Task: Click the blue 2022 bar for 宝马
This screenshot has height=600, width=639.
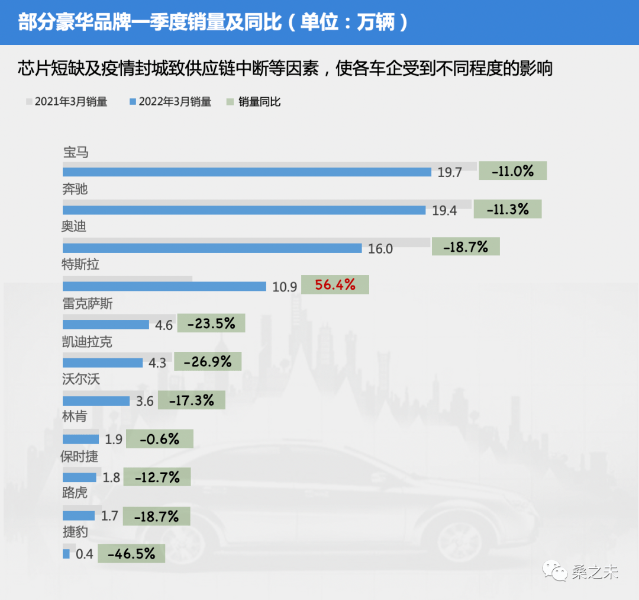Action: tap(247, 172)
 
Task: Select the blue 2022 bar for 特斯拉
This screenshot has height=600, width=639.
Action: tap(164, 287)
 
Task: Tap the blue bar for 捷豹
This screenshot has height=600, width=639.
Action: tap(66, 554)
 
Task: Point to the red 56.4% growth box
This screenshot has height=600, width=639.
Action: tap(335, 285)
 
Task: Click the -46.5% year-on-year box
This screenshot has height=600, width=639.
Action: tap(131, 554)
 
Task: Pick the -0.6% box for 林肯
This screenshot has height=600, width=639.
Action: tap(159, 439)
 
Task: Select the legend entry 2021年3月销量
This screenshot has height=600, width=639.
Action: tap(67, 102)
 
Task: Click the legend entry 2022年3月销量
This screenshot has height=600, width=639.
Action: tap(171, 102)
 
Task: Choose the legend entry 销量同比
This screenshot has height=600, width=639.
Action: tap(254, 102)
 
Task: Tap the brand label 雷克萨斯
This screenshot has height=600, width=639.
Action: tap(87, 304)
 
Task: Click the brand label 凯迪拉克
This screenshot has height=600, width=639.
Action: tap(87, 342)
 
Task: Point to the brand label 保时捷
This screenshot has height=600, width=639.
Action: tap(79, 457)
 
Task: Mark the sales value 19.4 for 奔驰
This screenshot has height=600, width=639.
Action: tap(444, 210)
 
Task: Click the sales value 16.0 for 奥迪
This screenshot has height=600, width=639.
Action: tap(380, 249)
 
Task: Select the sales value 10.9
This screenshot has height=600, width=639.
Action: tap(285, 287)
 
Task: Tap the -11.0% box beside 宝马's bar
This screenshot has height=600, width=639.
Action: tap(512, 171)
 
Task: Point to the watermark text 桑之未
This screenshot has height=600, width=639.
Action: tap(595, 573)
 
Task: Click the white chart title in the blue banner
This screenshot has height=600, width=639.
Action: tap(213, 22)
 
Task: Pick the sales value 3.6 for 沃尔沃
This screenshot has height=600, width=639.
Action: tap(144, 402)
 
